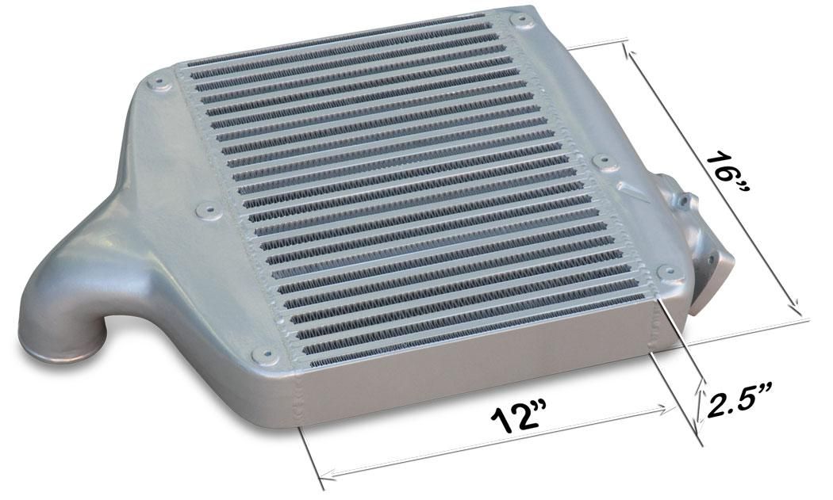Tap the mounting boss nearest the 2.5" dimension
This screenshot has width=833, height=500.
(669, 273)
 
